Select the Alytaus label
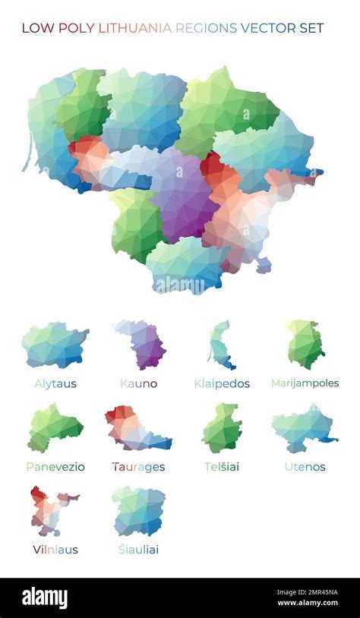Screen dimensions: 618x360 pyautogui.click(x=55, y=383)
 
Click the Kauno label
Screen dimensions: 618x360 pyautogui.click(x=139, y=383)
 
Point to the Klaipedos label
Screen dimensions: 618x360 pyautogui.click(x=221, y=383)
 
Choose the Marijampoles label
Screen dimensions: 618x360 pyautogui.click(x=305, y=383)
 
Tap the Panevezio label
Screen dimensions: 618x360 pyautogui.click(x=55, y=466)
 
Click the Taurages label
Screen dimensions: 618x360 pyautogui.click(x=138, y=466)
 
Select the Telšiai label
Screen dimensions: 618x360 pyautogui.click(x=221, y=466)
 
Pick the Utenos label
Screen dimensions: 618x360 pyautogui.click(x=305, y=466)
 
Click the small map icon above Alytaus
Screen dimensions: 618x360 pyautogui.click(x=55, y=345)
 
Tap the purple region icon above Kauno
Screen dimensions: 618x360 pyautogui.click(x=144, y=345)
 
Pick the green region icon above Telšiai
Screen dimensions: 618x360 pyautogui.click(x=222, y=428)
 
